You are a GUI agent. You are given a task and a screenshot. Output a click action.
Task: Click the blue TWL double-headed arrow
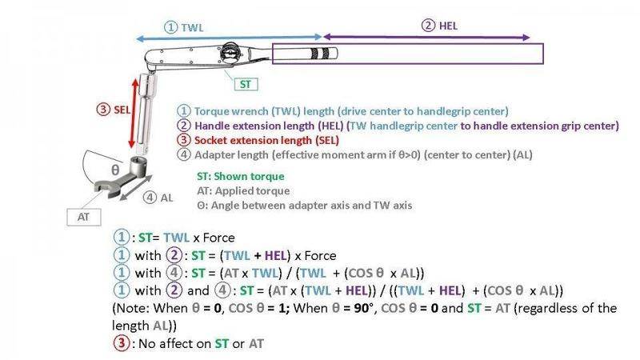click(x=229, y=38)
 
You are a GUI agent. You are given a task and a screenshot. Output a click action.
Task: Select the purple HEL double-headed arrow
click(x=426, y=37)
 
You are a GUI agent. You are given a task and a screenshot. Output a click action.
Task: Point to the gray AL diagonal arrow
click(x=136, y=188)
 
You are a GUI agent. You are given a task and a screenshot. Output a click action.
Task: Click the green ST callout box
click(x=246, y=85)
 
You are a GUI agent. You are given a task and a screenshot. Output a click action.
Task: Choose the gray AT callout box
click(x=84, y=217)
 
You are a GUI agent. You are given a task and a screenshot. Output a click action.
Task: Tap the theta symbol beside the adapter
click(x=115, y=170)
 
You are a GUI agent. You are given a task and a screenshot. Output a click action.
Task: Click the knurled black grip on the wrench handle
click(x=320, y=54)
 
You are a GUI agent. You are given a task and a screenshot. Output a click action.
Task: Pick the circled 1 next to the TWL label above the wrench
click(x=170, y=27)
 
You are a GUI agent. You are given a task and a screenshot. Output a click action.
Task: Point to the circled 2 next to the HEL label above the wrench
click(x=428, y=26)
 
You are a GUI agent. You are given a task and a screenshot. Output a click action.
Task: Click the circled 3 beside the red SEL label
click(x=103, y=110)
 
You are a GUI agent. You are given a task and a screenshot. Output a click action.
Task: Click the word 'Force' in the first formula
click(x=218, y=238)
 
